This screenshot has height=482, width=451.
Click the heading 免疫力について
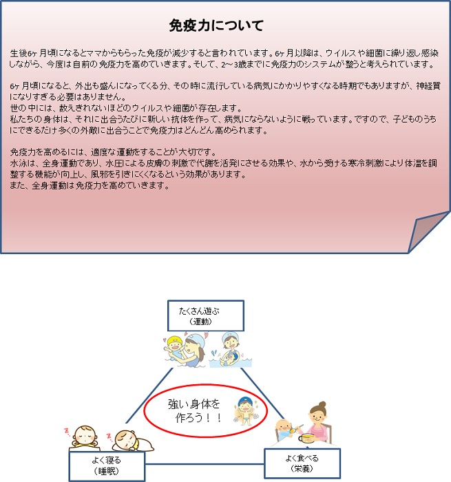pos(216,25)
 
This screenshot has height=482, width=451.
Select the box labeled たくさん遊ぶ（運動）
pos(206,315)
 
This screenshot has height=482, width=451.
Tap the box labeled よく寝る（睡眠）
pos(107,466)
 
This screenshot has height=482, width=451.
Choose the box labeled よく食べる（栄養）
pos(302,463)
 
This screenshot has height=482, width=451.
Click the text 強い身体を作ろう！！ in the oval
pos(195,410)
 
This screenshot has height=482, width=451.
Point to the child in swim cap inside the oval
pos(246,411)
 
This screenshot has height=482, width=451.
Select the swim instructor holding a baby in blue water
pos(230,350)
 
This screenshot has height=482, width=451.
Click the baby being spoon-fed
pos(284,428)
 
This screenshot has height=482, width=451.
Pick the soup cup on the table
pos(306,438)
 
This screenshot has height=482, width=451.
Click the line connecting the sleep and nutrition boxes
pos(204,464)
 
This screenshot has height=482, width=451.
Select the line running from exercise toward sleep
pos(149,395)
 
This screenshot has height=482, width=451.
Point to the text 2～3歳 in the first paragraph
pos(233,65)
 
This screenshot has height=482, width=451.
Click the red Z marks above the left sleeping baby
pos(67,432)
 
